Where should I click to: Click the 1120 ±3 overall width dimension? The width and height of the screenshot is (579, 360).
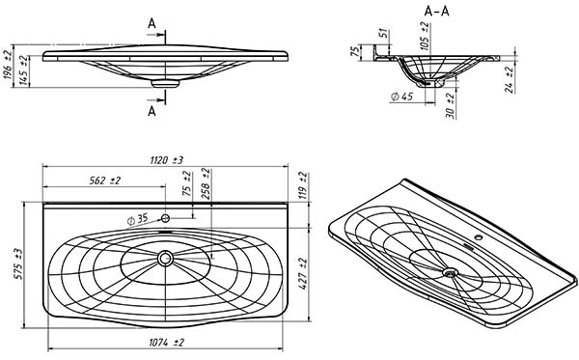click(x=166, y=160)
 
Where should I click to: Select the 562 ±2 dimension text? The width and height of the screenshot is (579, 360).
click(x=105, y=180)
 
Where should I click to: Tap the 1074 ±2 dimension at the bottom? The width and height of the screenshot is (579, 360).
click(x=166, y=343)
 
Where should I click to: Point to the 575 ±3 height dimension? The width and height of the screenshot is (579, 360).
click(x=18, y=263)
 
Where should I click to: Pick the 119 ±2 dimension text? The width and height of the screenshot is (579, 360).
click(x=303, y=184)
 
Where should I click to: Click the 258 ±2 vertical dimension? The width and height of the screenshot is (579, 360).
click(x=206, y=183)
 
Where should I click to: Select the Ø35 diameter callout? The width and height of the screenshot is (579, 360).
click(x=137, y=220)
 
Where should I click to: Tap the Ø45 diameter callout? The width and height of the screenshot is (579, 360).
click(x=401, y=97)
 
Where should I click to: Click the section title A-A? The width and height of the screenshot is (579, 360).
click(x=437, y=12)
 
